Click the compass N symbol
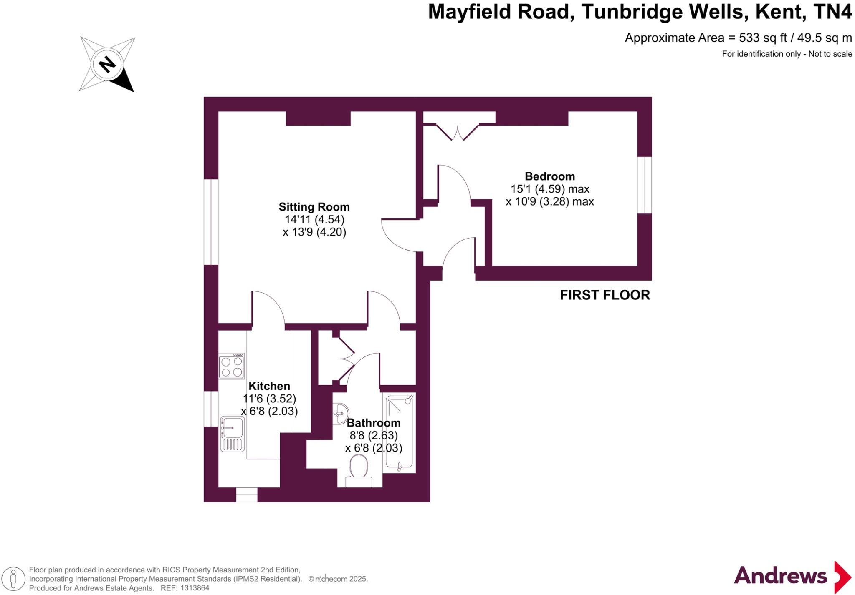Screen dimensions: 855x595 click(x=107, y=64)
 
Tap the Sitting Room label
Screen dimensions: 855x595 click(x=314, y=207)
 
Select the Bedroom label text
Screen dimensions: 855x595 click(x=549, y=176)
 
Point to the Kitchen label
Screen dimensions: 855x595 click(x=269, y=386)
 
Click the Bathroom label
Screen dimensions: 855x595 click(x=374, y=423)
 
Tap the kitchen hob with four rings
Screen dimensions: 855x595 click(x=232, y=366)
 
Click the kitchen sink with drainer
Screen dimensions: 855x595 click(x=232, y=434)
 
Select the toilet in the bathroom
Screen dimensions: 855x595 click(x=359, y=471)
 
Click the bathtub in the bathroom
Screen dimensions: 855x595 click(x=400, y=432)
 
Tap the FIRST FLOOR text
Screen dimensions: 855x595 click(x=605, y=295)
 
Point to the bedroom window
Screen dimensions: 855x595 click(x=645, y=185)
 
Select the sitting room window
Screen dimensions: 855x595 click(x=211, y=222)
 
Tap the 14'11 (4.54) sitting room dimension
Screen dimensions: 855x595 click(x=314, y=219)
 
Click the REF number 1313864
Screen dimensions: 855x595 click(x=193, y=588)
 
